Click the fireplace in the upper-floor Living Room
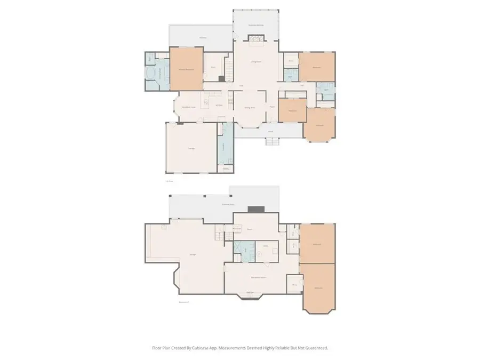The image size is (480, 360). pyautogui.click(x=257, y=38)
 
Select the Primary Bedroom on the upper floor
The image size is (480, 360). pyautogui.click(x=186, y=68)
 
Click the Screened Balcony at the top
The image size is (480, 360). pyautogui.click(x=257, y=25)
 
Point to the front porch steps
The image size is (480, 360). pyautogui.click(x=272, y=141)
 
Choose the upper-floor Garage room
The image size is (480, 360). pyautogui.click(x=191, y=148)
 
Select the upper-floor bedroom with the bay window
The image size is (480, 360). pyautogui.click(x=320, y=125)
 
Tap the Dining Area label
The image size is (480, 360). pyautogui.click(x=250, y=108)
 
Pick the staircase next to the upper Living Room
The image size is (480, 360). pyautogui.click(x=228, y=69)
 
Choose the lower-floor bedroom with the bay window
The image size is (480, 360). pyautogui.click(x=319, y=288)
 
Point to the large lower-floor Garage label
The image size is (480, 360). pyautogui.click(x=192, y=254)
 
